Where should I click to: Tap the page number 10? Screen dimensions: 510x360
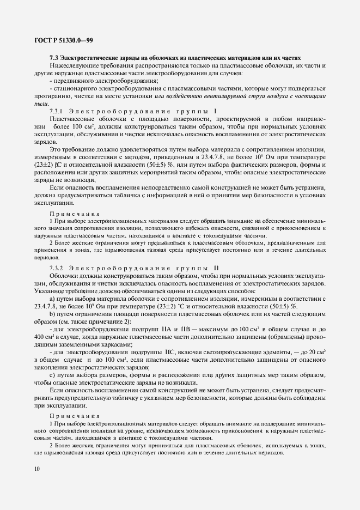[36, 468]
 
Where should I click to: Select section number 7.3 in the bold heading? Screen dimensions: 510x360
[54, 58]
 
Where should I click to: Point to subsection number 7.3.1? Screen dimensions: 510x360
[57, 111]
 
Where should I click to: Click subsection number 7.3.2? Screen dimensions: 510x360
[57, 268]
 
